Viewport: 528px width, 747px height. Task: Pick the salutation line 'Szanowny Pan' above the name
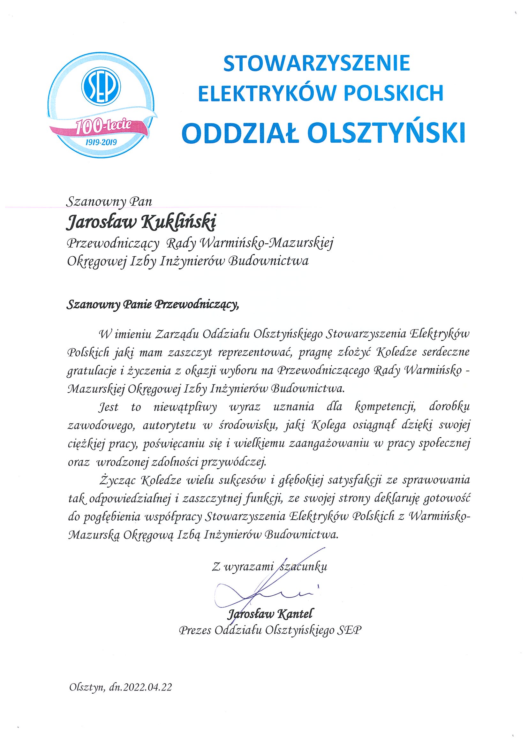[109, 202]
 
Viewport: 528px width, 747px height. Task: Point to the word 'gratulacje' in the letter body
[87, 372]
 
